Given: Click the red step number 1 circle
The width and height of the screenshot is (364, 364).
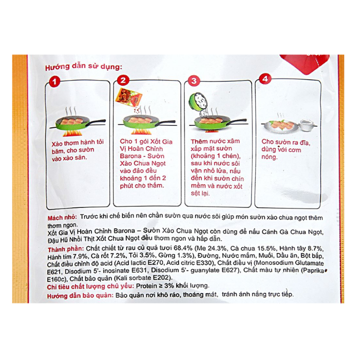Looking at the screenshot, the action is point(54,82).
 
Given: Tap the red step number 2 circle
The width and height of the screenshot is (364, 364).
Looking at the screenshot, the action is point(123,81).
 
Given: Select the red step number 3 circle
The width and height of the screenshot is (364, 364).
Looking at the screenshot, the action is point(194,81).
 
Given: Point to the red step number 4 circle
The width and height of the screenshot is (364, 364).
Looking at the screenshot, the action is point(265,79).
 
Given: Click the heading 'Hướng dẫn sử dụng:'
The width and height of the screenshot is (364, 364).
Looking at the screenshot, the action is point(83,67).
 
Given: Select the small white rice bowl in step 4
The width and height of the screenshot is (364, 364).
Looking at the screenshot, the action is point(307,125).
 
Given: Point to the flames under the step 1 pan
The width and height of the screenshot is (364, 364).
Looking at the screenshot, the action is point(71,133).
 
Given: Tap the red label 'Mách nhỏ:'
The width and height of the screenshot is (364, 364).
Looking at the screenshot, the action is point(62,218).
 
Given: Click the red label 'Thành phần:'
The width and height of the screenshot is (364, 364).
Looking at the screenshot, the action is point(66,250).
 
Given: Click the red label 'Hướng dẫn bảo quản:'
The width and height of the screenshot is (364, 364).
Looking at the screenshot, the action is point(80,296).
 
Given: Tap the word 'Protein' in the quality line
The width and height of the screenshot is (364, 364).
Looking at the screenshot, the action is point(146,286).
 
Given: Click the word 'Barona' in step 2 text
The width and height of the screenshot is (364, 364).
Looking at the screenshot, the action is point(130,156).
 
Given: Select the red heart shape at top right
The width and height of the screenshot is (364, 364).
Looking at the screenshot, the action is point(305,64).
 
